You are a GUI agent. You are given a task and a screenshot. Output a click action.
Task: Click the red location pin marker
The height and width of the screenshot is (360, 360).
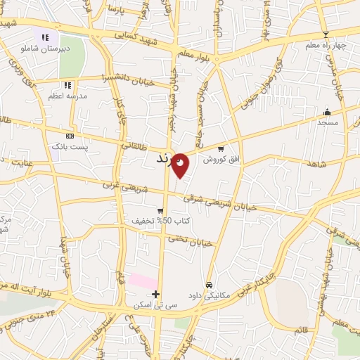[x=181, y=165]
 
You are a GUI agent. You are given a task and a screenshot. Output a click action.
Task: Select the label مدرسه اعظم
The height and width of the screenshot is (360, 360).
[x=67, y=96]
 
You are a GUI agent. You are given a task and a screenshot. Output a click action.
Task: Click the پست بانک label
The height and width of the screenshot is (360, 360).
[x=69, y=146]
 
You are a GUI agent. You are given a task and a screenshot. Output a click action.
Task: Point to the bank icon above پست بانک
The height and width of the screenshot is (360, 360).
[x=70, y=135]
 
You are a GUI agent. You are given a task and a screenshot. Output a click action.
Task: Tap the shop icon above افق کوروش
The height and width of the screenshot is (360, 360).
[x=221, y=149]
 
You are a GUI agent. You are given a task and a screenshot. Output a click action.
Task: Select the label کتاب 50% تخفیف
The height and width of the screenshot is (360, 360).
[x=160, y=221]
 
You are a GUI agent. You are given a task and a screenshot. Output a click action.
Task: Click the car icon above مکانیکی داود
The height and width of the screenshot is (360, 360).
[x=209, y=285]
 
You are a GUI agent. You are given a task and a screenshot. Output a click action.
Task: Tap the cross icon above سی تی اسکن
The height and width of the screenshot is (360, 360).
[x=155, y=294]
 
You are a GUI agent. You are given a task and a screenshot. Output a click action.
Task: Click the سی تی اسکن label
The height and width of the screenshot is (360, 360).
[x=155, y=306]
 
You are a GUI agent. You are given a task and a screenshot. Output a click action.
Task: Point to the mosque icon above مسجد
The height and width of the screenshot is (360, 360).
[x=327, y=112]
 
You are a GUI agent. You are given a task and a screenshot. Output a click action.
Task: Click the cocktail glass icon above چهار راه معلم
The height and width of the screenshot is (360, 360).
[x=325, y=34]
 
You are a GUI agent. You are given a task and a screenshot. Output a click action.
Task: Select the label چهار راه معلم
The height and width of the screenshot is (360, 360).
[x=326, y=46]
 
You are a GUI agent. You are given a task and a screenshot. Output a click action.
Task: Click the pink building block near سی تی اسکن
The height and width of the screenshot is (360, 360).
[x=143, y=281]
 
